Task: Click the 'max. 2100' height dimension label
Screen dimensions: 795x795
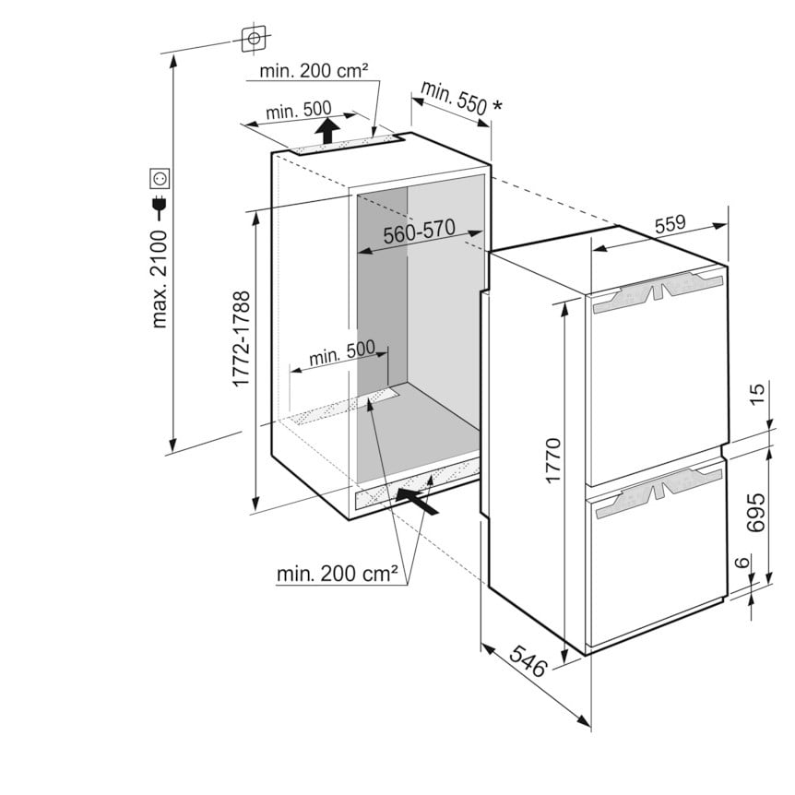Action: tap(160, 279)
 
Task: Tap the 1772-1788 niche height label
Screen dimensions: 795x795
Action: tap(241, 338)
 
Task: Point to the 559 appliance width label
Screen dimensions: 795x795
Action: tap(670, 223)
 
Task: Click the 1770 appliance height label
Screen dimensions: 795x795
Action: tap(553, 460)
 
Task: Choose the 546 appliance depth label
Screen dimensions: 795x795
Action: tap(528, 660)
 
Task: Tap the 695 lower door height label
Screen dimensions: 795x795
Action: tap(756, 512)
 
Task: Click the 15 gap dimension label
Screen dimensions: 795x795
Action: tap(756, 394)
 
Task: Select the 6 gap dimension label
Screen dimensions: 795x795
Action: tap(742, 562)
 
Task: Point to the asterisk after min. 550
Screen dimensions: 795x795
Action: tap(497, 105)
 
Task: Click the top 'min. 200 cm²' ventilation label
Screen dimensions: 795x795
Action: tap(314, 70)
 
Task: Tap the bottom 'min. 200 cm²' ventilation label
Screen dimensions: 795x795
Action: tap(338, 574)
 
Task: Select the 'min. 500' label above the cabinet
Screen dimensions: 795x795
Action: tap(298, 110)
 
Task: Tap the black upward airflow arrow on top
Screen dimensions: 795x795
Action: tap(327, 130)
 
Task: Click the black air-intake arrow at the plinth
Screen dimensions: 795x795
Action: tap(417, 501)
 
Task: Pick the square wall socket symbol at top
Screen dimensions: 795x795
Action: tap(254, 39)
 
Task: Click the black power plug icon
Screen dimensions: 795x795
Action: tap(160, 206)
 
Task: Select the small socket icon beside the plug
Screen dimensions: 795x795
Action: tap(160, 178)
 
